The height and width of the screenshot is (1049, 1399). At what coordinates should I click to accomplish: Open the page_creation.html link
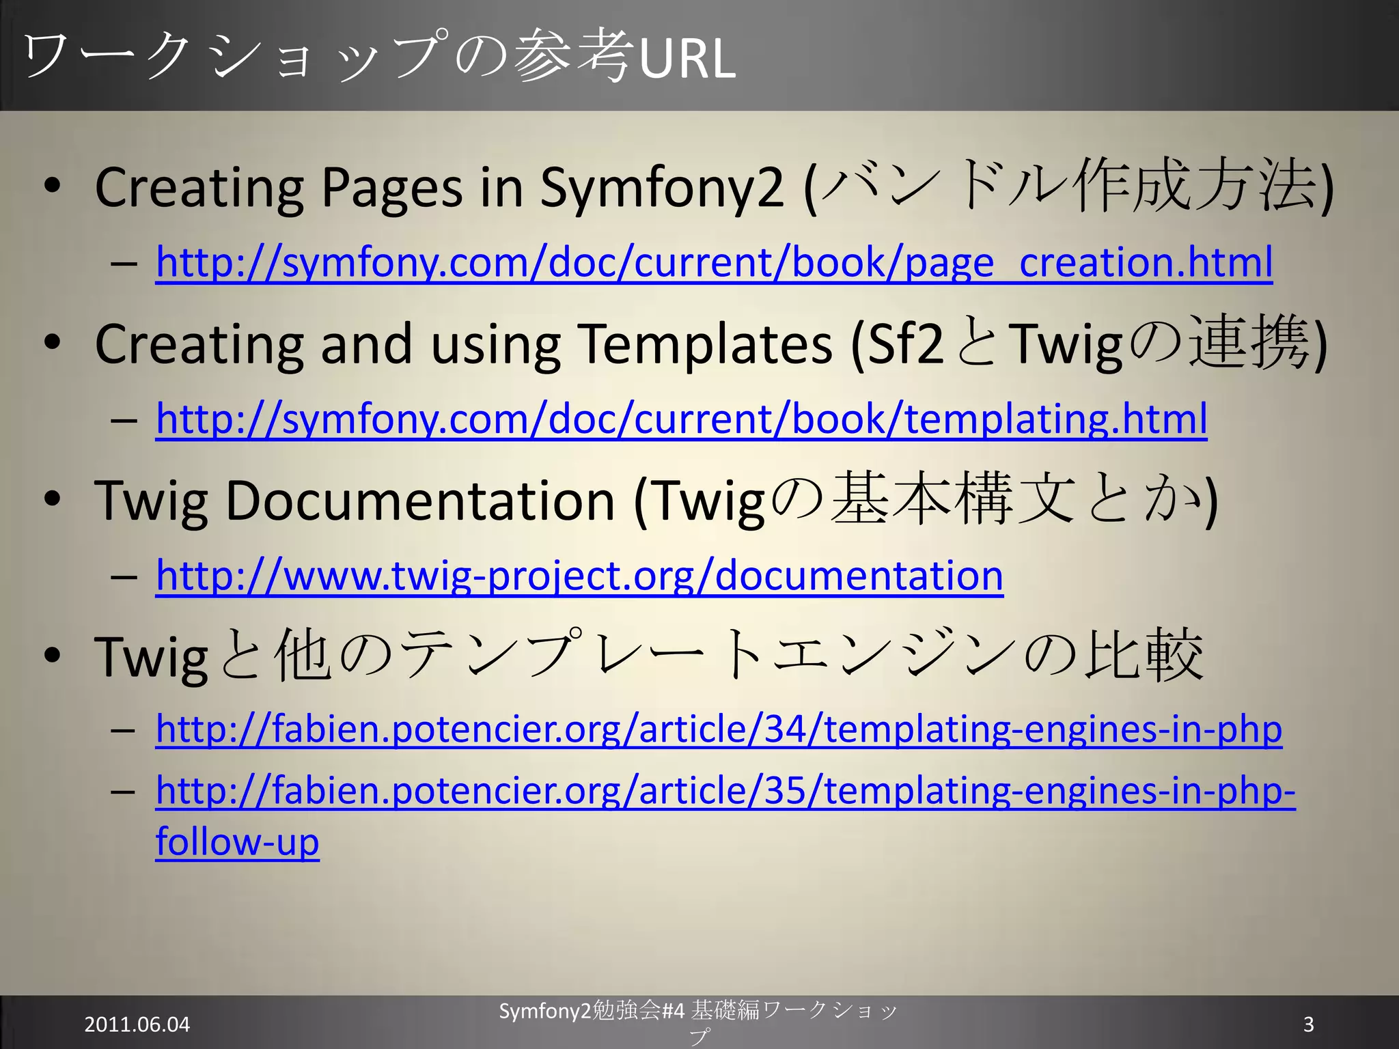coord(714,262)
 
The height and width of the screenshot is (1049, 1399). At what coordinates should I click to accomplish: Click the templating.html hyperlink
coord(681,419)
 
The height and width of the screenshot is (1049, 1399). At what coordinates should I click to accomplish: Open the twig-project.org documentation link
coord(579,575)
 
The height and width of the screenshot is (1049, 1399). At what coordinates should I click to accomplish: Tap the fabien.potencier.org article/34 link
coord(719,729)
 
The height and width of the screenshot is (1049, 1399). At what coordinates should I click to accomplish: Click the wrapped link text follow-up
coord(237,841)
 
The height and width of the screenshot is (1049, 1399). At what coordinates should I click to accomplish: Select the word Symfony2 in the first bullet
coord(661,187)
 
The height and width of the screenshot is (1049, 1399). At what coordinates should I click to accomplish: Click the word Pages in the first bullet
coord(391,188)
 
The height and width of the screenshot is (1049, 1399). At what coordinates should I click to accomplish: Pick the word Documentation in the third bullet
coord(419,501)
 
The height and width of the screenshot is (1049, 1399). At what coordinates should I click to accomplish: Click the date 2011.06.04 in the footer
coord(137,1024)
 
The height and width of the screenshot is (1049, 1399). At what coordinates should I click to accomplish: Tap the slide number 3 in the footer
coord(1308,1024)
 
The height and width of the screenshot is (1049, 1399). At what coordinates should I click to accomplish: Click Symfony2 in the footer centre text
coord(544,1011)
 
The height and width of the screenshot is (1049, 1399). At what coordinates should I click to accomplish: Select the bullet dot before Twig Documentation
coord(52,499)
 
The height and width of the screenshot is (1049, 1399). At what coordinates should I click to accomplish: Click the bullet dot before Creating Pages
coord(52,186)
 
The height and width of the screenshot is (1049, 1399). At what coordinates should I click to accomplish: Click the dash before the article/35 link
coord(124,792)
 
